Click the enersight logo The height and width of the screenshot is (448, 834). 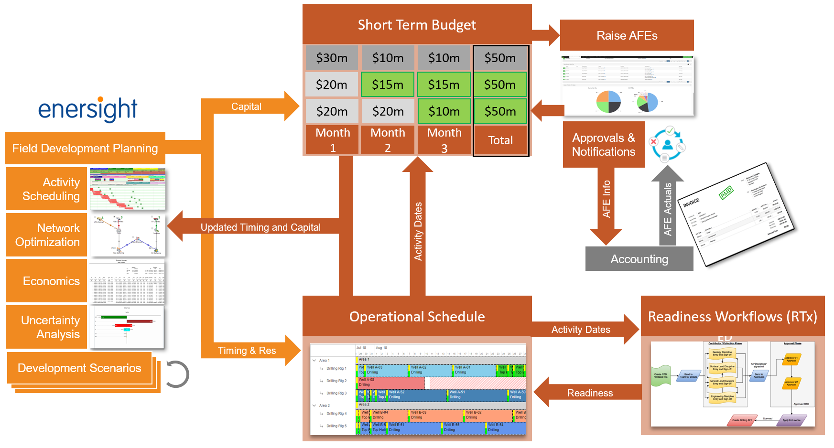coord(88,109)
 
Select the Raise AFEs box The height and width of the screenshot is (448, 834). coord(627,35)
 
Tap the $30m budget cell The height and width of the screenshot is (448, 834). coord(332,58)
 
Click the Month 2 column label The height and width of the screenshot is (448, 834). coord(388,140)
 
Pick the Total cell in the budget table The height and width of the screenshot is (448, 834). coord(500,140)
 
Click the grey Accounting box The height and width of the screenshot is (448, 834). coord(639,259)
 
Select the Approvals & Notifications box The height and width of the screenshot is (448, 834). coord(603,145)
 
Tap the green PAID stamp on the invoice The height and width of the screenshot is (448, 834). coord(726,193)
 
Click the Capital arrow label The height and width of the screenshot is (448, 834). coord(246,107)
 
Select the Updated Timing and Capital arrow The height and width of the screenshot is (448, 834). coord(260,227)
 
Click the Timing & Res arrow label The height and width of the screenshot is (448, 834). coord(247,351)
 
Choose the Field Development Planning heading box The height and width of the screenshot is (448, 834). coord(85,149)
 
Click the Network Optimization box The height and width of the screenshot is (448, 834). coord(47,235)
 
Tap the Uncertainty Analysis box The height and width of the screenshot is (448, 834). coord(47,327)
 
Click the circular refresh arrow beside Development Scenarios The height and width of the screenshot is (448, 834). coord(177,374)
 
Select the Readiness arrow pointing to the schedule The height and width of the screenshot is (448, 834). coord(589,393)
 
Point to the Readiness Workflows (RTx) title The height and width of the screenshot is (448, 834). coord(732,317)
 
